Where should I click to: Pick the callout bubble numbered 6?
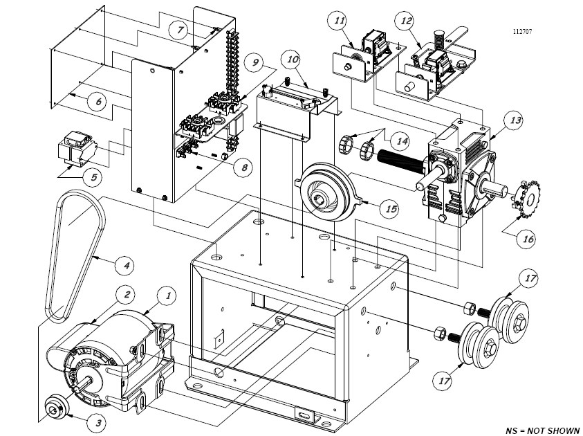click(x=98, y=101)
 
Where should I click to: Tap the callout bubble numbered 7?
click(x=180, y=30)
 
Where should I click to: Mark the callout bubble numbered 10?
click(x=293, y=60)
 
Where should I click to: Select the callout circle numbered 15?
click(x=391, y=207)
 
